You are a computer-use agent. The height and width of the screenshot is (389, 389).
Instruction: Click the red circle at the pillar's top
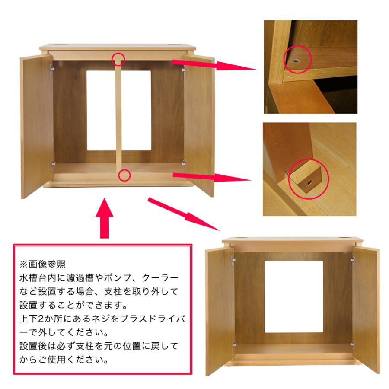pos(118,58)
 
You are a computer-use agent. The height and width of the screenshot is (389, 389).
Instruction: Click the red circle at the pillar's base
pos(124,175)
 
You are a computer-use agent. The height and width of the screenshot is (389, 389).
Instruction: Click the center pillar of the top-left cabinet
pos(118,117)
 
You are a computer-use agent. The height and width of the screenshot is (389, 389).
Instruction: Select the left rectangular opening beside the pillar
pos(100,110)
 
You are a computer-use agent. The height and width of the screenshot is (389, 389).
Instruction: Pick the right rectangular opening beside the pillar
pos(136,110)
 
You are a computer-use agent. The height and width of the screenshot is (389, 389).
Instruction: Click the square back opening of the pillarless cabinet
pos(294,296)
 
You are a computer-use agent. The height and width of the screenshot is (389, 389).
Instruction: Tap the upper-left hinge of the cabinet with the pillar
pos(51,68)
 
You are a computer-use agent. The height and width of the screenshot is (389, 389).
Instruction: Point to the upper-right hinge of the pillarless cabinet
pos(352,260)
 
